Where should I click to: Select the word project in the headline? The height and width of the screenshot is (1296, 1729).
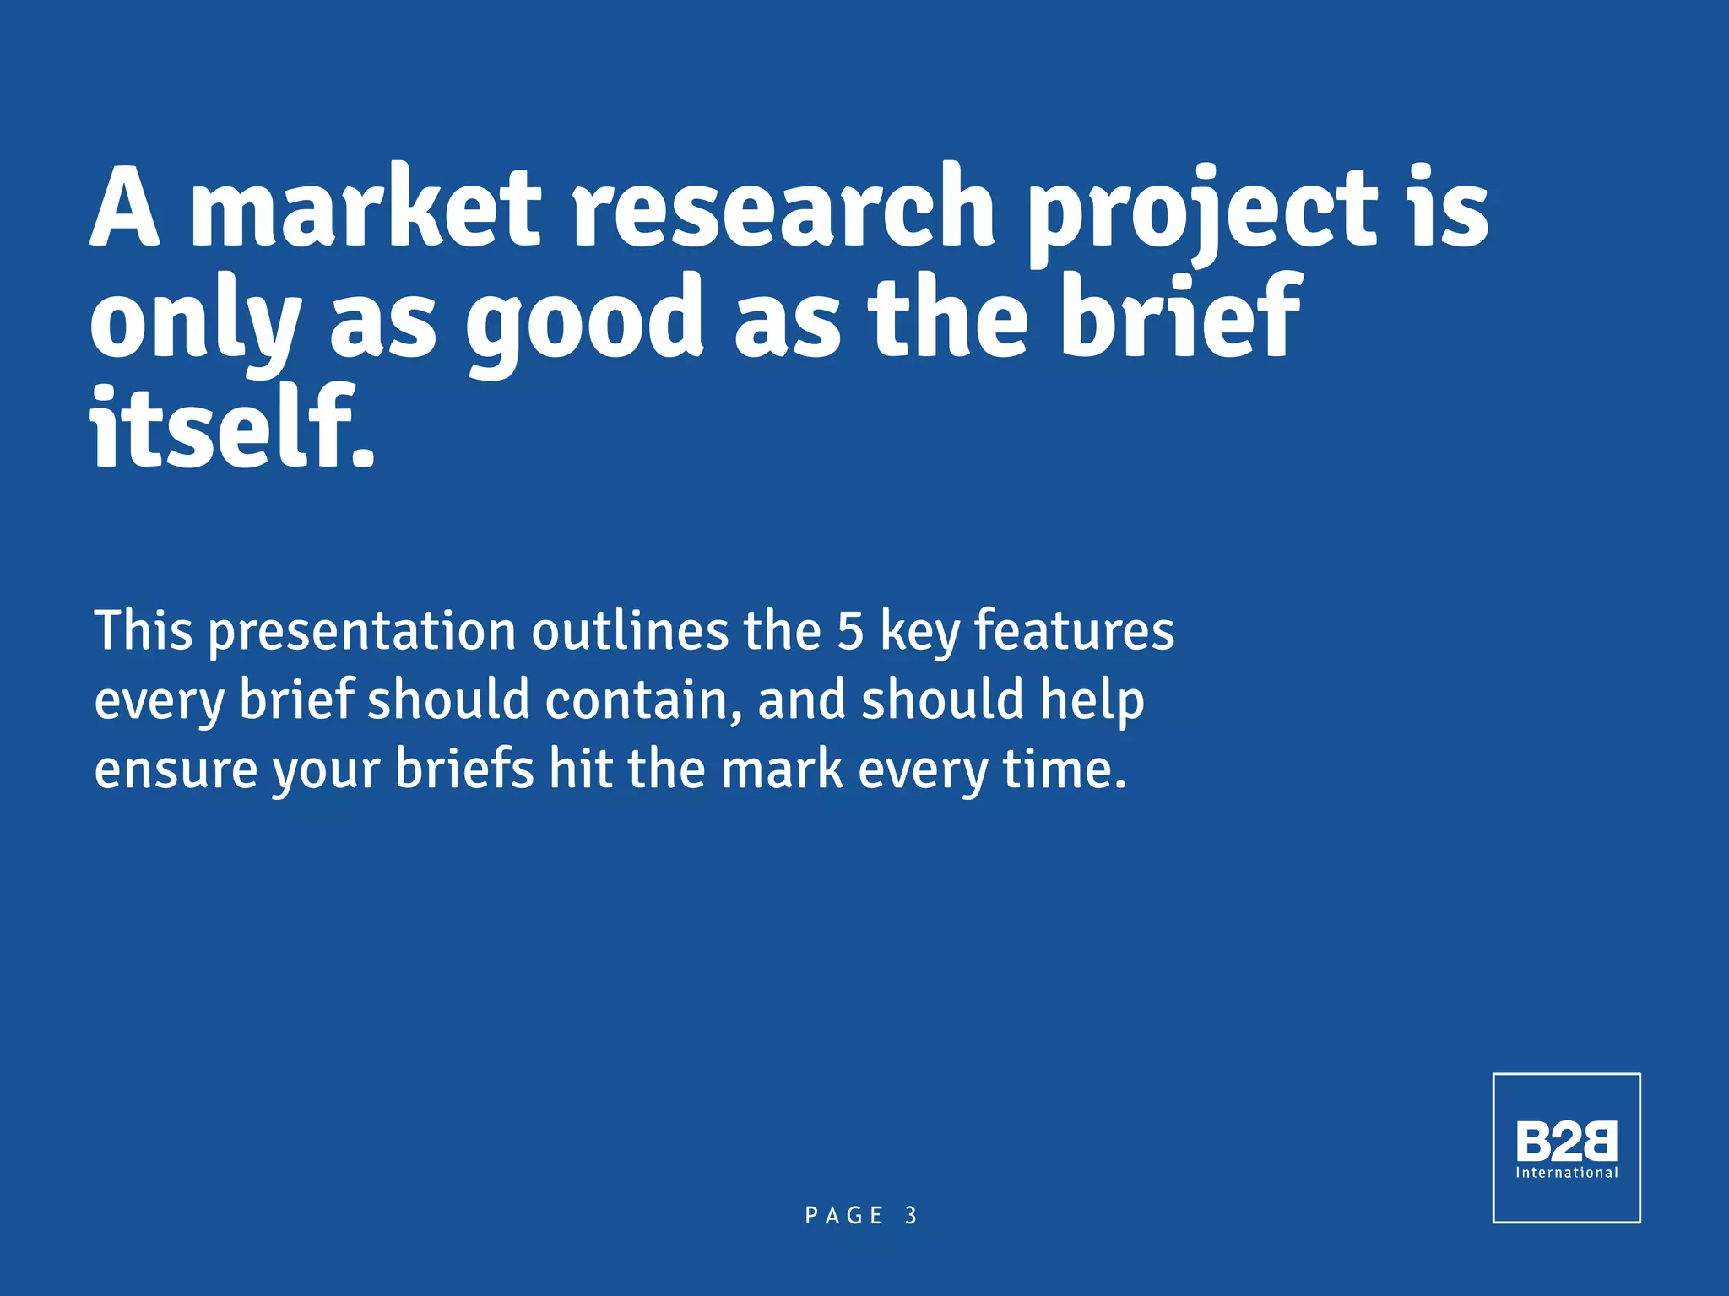tap(1201, 211)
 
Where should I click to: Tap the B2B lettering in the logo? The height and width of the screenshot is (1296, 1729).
tap(1566, 1142)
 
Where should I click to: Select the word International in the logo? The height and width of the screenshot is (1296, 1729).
tap(1566, 1173)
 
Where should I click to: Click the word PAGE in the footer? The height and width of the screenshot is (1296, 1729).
tap(844, 1216)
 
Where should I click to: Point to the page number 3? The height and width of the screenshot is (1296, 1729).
tap(911, 1216)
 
